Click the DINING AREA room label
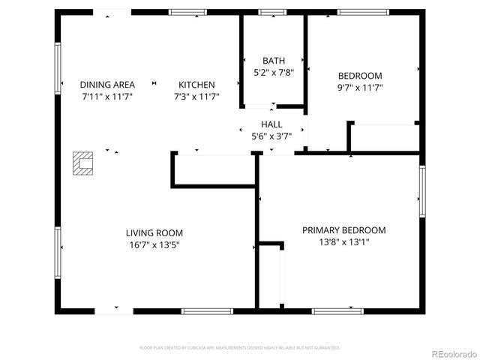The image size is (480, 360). pyautogui.click(x=107, y=85)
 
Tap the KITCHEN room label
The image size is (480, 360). pyautogui.click(x=196, y=85)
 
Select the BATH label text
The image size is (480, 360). pyautogui.click(x=273, y=61)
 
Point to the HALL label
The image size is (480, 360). pyautogui.click(x=271, y=124)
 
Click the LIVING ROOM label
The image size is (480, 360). pyautogui.click(x=154, y=232)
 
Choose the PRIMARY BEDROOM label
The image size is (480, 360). pyautogui.click(x=343, y=230)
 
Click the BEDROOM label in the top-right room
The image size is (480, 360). pyautogui.click(x=360, y=76)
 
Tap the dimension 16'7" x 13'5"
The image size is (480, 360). pyautogui.click(x=154, y=244)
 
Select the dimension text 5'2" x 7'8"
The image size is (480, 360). pyautogui.click(x=273, y=73)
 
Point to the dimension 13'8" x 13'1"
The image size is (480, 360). pyautogui.click(x=343, y=242)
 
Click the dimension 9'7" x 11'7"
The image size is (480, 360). pyautogui.click(x=360, y=88)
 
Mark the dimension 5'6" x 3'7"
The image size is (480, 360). pyautogui.click(x=271, y=136)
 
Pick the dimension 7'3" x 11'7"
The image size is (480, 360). pyautogui.click(x=196, y=97)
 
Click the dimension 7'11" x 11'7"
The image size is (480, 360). pyautogui.click(x=107, y=97)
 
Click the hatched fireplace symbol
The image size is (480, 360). pyautogui.click(x=82, y=163)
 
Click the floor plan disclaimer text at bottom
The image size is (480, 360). pyautogui.click(x=240, y=348)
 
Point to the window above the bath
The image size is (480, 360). pyautogui.click(x=272, y=12)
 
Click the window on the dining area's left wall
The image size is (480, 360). pyautogui.click(x=57, y=67)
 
